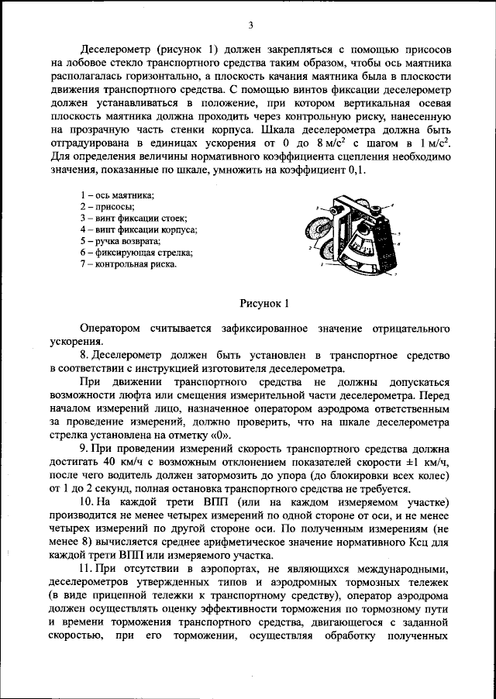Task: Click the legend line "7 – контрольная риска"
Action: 128,264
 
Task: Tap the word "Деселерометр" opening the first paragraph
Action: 118,48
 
